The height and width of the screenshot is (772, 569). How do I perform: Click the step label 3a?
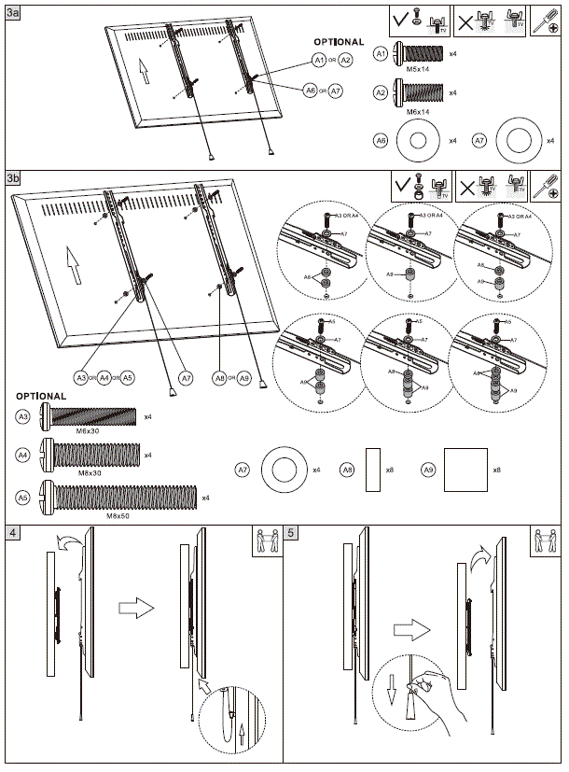pos(13,11)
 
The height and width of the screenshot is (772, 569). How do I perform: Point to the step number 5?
pos(292,533)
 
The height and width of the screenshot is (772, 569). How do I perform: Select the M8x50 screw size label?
pos(118,514)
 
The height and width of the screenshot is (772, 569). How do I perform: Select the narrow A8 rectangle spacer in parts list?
pos(373,469)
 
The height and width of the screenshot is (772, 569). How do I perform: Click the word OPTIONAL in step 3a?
pos(339,42)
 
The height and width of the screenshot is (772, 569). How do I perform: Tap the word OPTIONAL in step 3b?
pos(41,396)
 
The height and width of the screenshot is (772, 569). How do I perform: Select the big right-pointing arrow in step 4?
pos(136,608)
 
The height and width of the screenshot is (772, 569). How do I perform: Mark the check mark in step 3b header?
pos(403,185)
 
